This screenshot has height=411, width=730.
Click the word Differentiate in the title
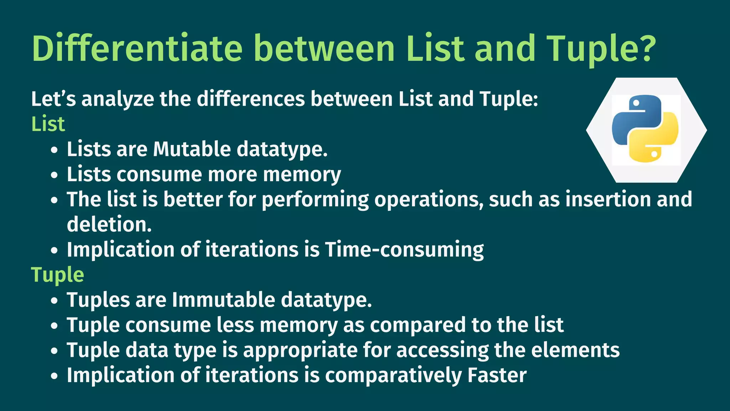point(137,48)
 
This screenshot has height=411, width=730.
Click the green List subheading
point(48,124)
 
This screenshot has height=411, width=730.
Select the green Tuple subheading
point(58,275)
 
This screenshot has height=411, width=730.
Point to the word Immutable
point(223,300)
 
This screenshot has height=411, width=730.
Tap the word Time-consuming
point(404,249)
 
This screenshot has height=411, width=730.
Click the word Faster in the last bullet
point(497,375)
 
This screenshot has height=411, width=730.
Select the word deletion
point(109,224)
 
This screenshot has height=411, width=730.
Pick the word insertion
point(608,199)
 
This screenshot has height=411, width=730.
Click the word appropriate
point(300,350)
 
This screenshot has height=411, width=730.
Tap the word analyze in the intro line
point(118,99)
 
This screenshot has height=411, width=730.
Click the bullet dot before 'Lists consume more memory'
point(54,175)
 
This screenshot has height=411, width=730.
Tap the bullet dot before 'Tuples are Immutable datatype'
point(54,301)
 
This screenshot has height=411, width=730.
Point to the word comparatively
point(393,375)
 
